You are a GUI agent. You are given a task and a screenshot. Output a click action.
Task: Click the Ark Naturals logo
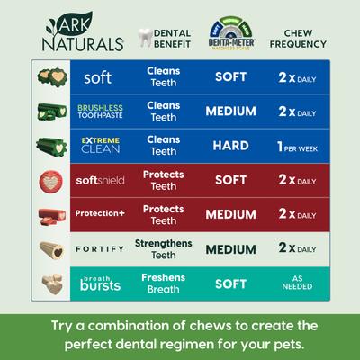point(77,32)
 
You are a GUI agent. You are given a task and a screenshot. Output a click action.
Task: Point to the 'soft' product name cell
point(97,77)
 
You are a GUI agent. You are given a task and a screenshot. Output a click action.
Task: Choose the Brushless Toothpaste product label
point(99,112)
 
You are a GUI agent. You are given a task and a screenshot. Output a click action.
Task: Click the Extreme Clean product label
point(100,145)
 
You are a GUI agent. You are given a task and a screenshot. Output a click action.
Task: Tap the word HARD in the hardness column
point(231,145)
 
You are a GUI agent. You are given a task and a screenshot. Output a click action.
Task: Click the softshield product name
point(99,180)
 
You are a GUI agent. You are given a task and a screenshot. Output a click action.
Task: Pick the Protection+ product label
point(99,214)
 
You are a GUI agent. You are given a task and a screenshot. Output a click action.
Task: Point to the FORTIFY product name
point(99,248)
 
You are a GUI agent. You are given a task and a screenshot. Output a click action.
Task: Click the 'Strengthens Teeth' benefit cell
point(163,248)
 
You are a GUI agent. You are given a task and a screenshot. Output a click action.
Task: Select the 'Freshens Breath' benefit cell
point(163,283)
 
